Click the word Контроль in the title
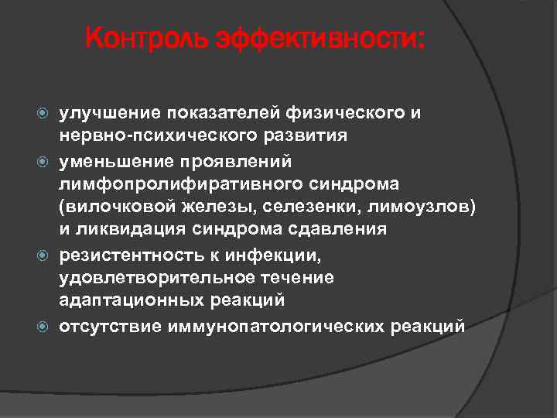(147, 38)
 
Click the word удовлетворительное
(148, 277)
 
